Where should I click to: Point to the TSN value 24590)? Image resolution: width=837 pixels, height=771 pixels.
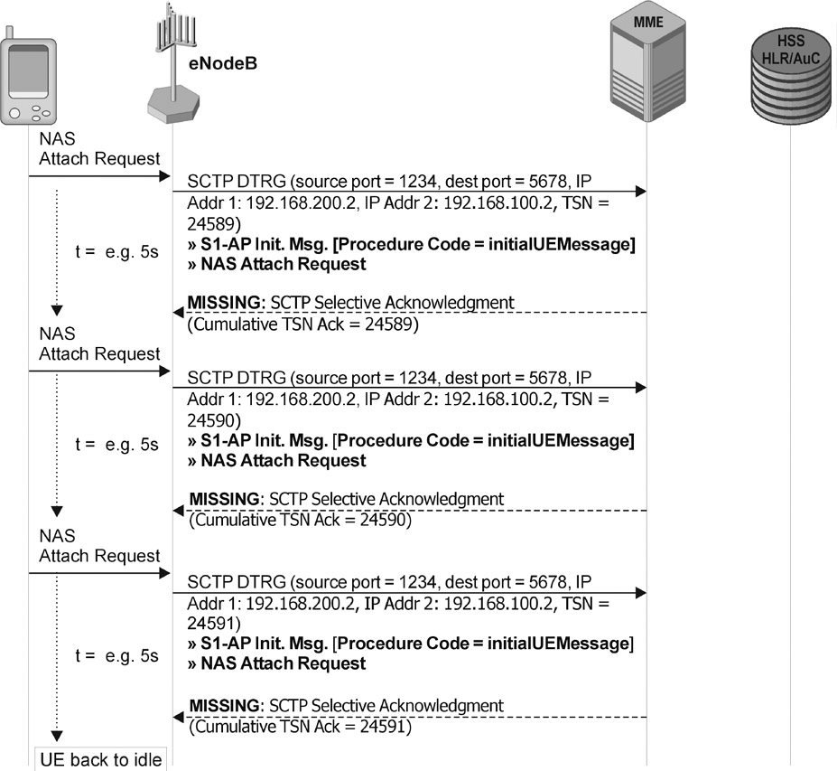pyautogui.click(x=214, y=420)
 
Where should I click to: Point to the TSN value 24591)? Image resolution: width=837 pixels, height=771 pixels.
pyautogui.click(x=214, y=624)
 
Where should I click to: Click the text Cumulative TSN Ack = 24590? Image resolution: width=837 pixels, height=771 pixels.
pyautogui.click(x=302, y=521)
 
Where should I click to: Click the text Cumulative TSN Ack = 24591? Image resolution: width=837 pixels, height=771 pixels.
pyautogui.click(x=302, y=726)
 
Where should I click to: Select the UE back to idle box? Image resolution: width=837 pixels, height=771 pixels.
pyautogui.click(x=99, y=759)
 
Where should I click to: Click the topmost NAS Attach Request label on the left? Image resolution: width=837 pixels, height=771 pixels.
pyautogui.click(x=99, y=150)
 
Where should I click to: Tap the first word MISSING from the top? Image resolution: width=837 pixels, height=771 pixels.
pyautogui.click(x=221, y=303)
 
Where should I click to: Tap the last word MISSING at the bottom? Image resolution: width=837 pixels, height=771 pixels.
pyautogui.click(x=224, y=705)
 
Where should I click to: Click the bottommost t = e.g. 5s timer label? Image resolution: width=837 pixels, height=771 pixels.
pyautogui.click(x=116, y=656)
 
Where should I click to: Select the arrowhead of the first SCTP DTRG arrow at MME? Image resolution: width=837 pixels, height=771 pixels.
pyautogui.click(x=641, y=191)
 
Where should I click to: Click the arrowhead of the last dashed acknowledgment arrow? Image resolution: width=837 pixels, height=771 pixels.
pyautogui.click(x=178, y=718)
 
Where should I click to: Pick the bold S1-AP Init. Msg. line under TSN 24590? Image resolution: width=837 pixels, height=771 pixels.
pyautogui.click(x=411, y=441)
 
